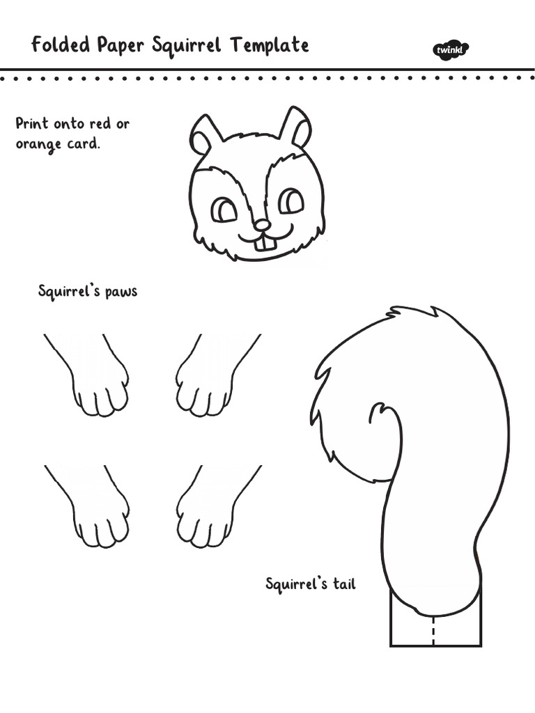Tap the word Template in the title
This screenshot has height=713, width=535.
[x=270, y=46]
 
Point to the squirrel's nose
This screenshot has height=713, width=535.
[x=262, y=225]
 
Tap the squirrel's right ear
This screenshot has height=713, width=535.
[x=297, y=128]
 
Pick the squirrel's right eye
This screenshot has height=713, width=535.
[x=290, y=202]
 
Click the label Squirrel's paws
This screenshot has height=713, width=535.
[x=88, y=292]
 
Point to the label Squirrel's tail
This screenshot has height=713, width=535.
[x=311, y=583]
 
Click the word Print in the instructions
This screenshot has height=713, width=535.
[x=32, y=124]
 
